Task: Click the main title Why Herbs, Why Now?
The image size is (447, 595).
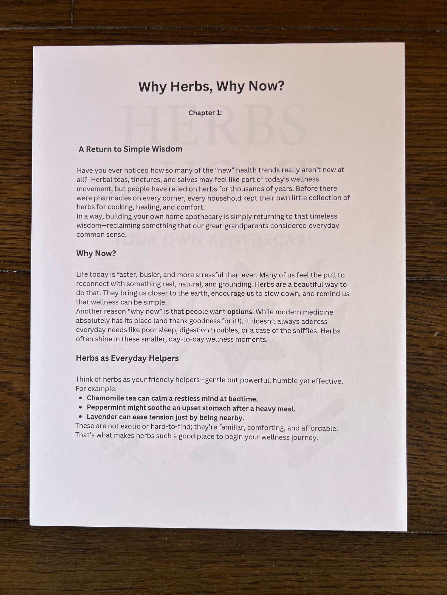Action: tap(211, 87)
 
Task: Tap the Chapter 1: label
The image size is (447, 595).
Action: tap(205, 113)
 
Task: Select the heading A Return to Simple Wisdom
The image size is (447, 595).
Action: tap(130, 149)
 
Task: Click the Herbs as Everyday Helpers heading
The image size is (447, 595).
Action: tap(127, 358)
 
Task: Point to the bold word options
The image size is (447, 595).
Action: tap(240, 312)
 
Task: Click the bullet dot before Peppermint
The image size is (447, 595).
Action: tap(80, 407)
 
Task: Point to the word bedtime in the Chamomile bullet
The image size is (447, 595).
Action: tap(243, 399)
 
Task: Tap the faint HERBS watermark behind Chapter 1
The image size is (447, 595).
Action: tap(214, 125)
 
